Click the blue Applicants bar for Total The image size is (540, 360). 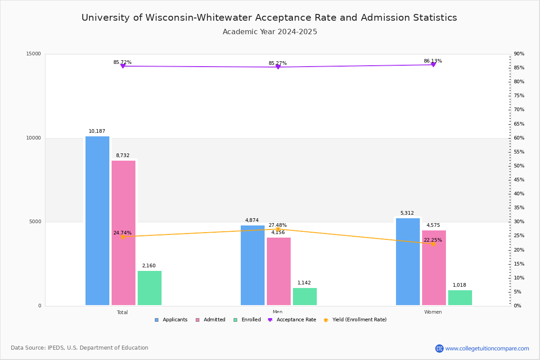coord(97,220)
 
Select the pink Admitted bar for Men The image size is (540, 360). coord(279,271)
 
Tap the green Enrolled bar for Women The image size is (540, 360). coord(460,297)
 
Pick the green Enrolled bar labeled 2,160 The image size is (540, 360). coord(149,288)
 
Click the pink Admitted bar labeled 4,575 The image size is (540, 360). coord(434,268)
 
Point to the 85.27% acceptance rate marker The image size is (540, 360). coord(278,67)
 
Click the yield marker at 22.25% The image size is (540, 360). coord(433,243)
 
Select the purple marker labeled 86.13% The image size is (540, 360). coord(433,65)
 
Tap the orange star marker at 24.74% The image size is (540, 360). coord(122,237)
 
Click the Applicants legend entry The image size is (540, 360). coord(171,320)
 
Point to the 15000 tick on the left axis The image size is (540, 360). coord(34,54)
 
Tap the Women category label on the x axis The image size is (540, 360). coord(433,312)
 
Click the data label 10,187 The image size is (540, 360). coord(97,131)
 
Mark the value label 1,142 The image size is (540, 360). coord(304,283)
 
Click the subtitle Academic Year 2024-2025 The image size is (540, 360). coord(270,32)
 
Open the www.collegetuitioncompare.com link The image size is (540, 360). coord(487,348)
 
